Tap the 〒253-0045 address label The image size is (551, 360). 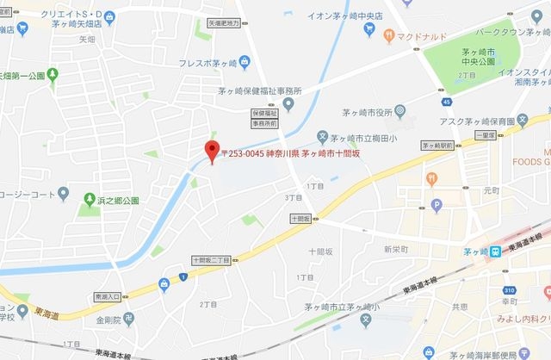pyautogui.click(x=289, y=154)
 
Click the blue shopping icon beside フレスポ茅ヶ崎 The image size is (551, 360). pyautogui.click(x=244, y=60)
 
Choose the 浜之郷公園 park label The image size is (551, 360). pyautogui.click(x=118, y=201)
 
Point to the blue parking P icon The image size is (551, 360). pyautogui.click(x=436, y=205)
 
